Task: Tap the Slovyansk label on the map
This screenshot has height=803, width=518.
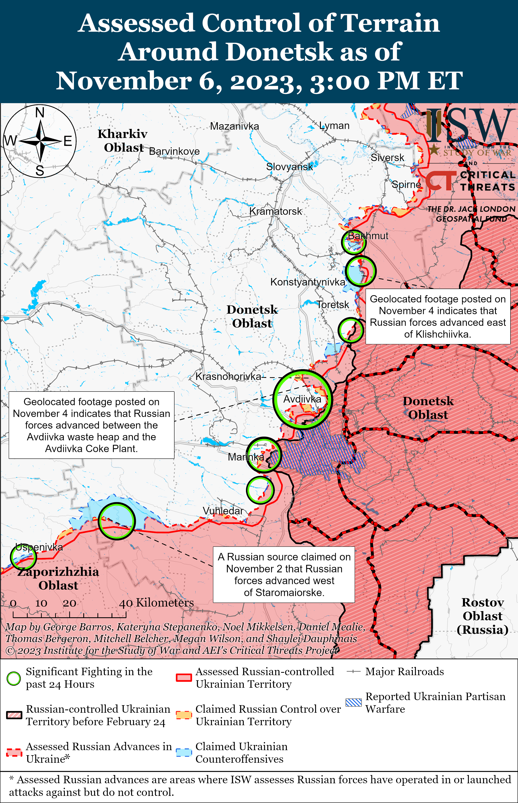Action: click(x=289, y=167)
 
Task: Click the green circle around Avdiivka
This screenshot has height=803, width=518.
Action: click(x=302, y=399)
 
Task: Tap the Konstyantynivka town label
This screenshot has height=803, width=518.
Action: click(x=307, y=282)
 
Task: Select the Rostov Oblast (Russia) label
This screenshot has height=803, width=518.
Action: click(x=482, y=616)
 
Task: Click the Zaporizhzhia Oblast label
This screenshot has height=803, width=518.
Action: click(x=58, y=578)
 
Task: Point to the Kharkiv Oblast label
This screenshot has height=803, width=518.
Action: click(x=123, y=140)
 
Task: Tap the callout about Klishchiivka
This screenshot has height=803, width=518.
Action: click(x=438, y=316)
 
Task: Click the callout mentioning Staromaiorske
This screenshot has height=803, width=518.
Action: click(x=284, y=575)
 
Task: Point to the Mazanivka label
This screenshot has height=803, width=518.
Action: click(x=234, y=126)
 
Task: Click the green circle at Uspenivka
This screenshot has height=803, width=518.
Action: click(x=23, y=557)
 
